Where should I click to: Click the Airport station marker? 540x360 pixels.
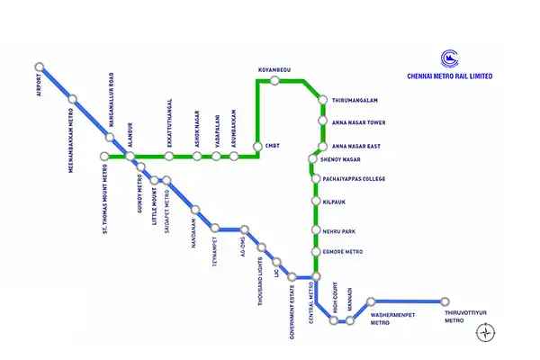tap(39, 67)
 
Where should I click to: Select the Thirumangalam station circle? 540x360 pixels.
tap(322, 99)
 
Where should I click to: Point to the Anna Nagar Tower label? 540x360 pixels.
tap(358, 122)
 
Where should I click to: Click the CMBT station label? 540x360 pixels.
tap(273, 145)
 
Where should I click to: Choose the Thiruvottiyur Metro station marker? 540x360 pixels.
tap(445, 301)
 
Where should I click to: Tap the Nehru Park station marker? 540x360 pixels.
tap(315, 231)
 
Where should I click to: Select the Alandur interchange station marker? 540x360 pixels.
tap(130, 157)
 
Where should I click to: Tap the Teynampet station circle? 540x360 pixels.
tap(214, 229)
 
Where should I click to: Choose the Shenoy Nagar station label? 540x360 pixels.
tap(340, 158)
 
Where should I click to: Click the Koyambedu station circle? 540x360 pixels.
tap(274, 81)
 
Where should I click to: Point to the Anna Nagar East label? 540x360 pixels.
tap(356, 146)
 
